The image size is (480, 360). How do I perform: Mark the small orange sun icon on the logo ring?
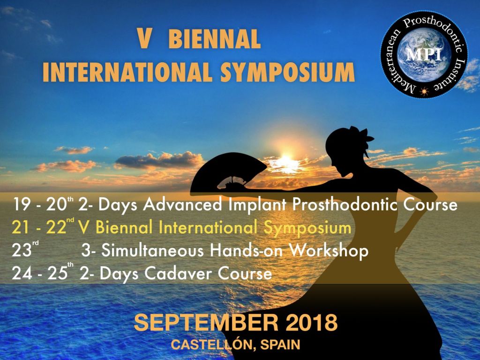pos(425,89)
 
